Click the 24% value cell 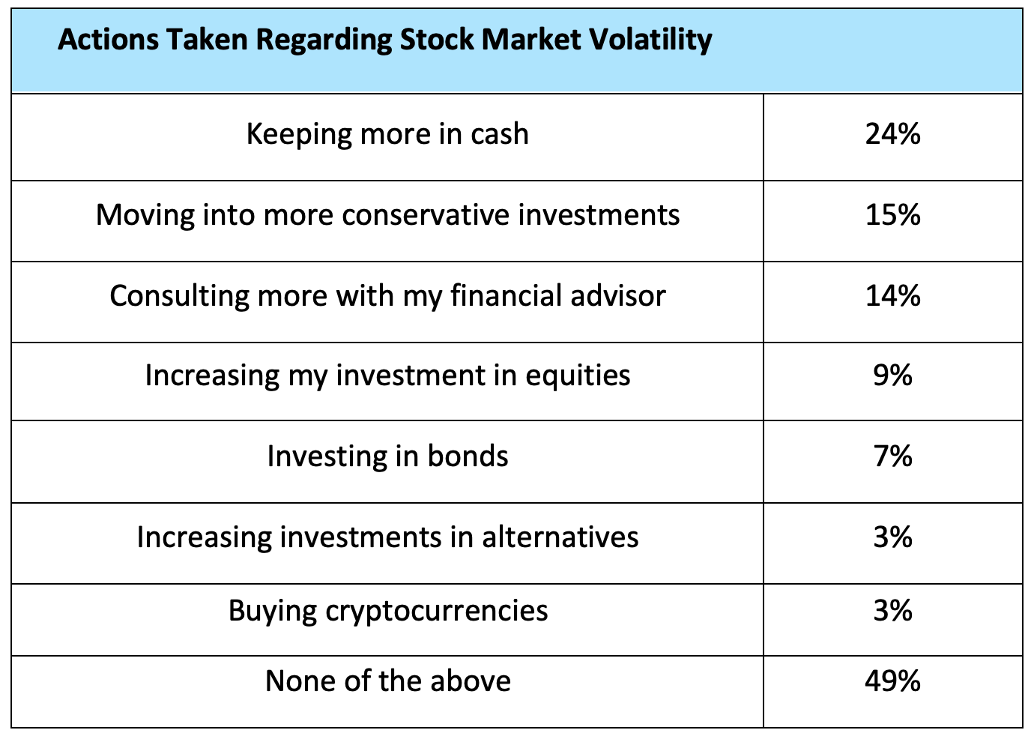tap(892, 134)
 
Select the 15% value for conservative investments tap(892, 215)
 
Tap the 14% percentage tap(892, 295)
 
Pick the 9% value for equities tap(892, 375)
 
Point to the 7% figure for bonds tap(892, 456)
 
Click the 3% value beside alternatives tap(892, 537)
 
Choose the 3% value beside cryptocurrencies tap(892, 611)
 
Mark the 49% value tap(892, 681)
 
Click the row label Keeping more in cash tap(388, 134)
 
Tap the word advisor tap(618, 295)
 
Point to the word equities tap(578, 375)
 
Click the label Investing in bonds tap(388, 456)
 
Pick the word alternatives tap(560, 537)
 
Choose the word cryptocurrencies tap(437, 611)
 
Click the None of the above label tap(388, 681)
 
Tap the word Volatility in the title tap(651, 40)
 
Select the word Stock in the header tap(437, 39)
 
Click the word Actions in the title tap(108, 39)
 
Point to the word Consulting tap(179, 296)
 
